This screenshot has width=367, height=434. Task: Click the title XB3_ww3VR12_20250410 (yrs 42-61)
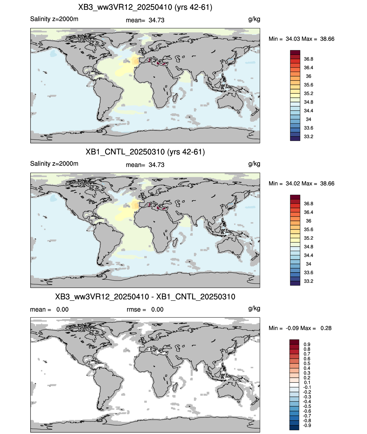click(x=145, y=7)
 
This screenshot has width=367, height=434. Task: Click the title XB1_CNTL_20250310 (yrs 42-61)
click(x=145, y=152)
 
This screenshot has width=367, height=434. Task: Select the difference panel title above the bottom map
click(x=145, y=297)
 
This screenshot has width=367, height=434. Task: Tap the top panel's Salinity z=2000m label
click(x=54, y=19)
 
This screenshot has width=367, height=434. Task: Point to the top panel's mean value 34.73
click(x=157, y=20)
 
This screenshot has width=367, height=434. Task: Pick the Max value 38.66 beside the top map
click(x=327, y=39)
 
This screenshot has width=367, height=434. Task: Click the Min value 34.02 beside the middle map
click(x=293, y=183)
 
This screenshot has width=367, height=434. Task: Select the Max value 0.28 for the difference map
click(x=326, y=328)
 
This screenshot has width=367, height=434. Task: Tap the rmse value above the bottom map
click(x=157, y=309)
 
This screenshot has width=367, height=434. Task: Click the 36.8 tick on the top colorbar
click(x=308, y=59)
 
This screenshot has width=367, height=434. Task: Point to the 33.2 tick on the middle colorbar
click(x=308, y=281)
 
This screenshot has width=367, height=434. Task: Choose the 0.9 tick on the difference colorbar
click(x=307, y=344)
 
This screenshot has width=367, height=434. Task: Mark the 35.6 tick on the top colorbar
click(x=308, y=85)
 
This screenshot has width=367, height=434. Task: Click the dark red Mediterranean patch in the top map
click(x=159, y=63)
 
